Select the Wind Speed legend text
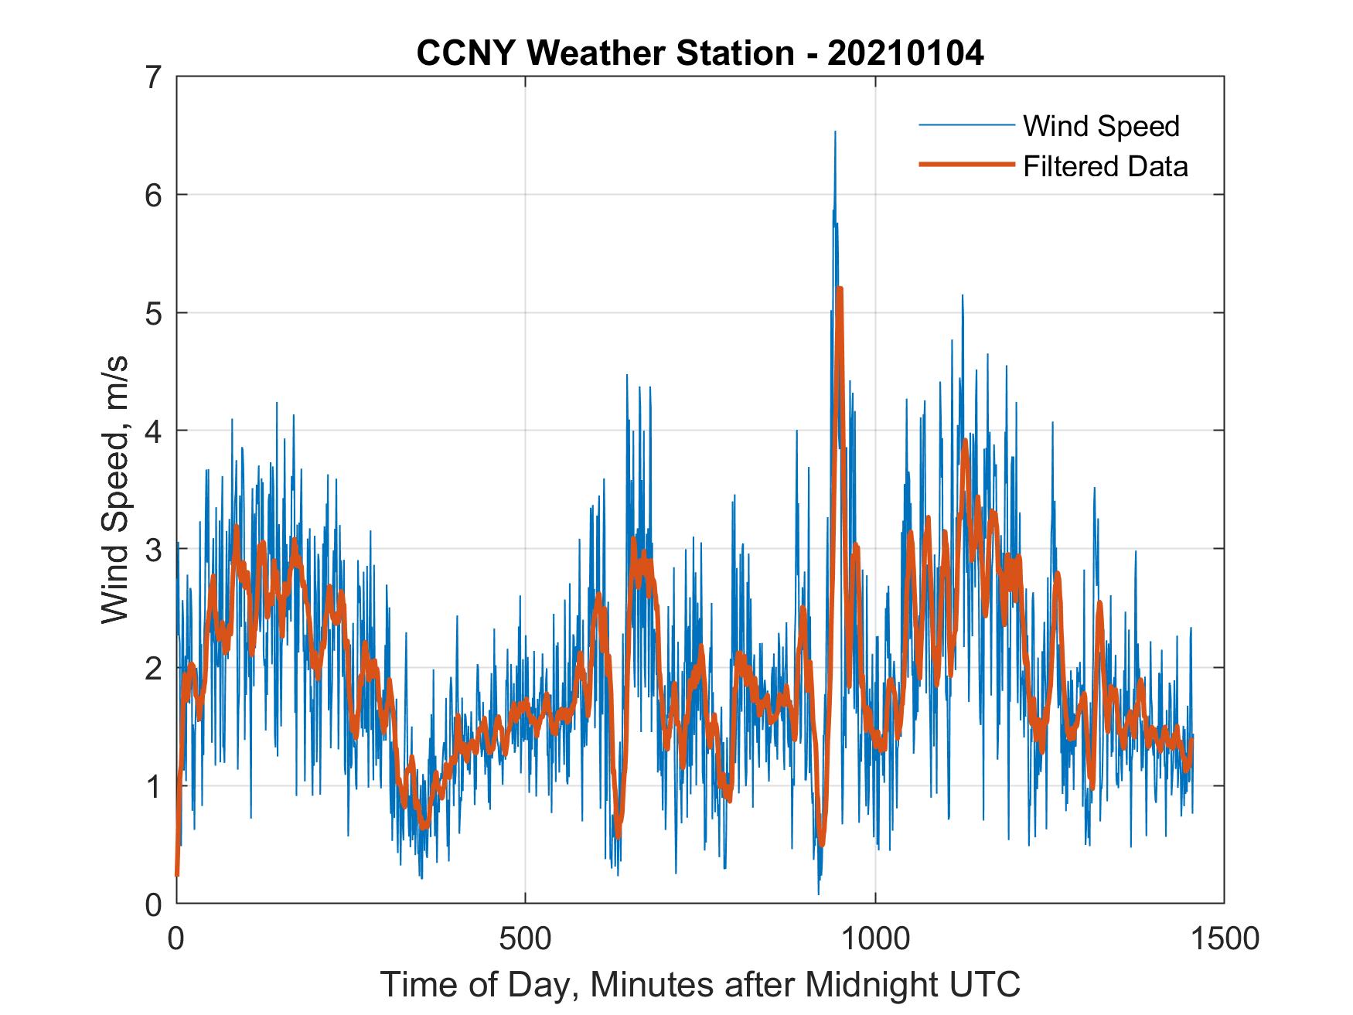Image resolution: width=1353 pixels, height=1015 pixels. [x=1101, y=126]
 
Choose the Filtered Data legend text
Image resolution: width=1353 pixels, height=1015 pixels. [x=1105, y=166]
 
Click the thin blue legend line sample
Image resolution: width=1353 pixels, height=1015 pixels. [x=966, y=125]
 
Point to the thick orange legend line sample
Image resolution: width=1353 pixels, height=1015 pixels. [x=966, y=165]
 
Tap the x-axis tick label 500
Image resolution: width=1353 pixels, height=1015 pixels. [x=525, y=939]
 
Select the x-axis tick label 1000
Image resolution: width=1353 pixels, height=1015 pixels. [x=875, y=939]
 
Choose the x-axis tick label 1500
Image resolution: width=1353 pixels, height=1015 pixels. [x=1225, y=939]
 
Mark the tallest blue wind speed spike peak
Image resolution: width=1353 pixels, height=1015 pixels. [x=835, y=132]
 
